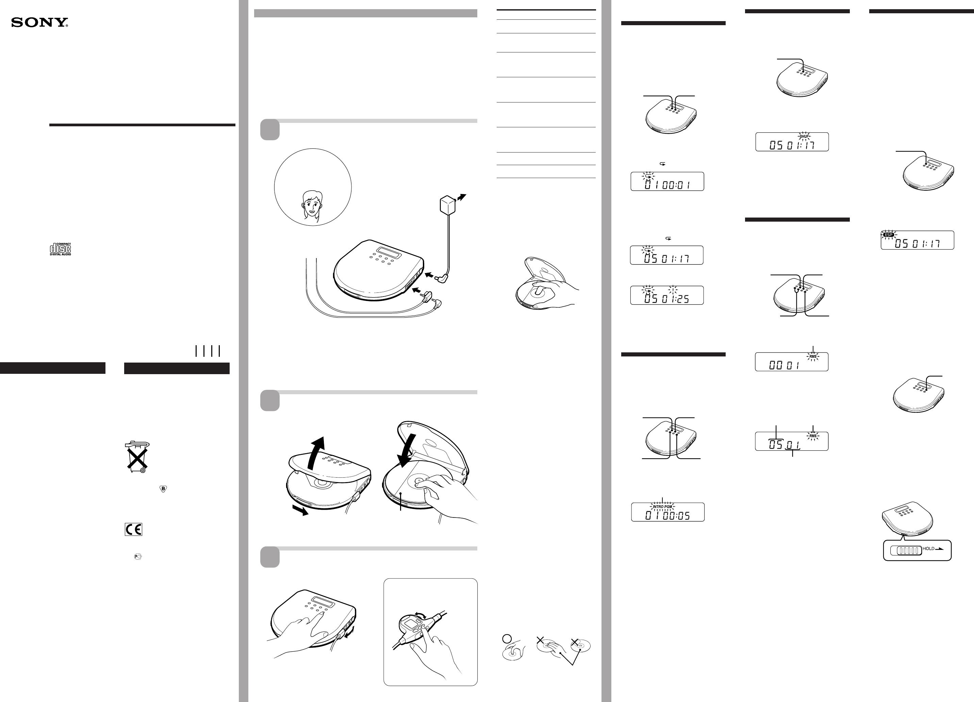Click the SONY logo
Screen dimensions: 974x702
39,22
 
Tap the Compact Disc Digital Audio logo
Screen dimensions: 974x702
60,249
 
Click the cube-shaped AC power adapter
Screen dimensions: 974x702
447,204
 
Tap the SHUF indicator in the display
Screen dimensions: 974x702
804,136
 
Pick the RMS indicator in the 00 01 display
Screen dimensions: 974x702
812,357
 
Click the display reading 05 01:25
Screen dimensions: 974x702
667,295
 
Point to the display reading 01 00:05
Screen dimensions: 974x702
668,512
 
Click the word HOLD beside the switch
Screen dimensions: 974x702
928,548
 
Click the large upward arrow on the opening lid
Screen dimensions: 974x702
317,453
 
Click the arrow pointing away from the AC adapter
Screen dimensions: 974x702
461,197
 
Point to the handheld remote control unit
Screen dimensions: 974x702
411,629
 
